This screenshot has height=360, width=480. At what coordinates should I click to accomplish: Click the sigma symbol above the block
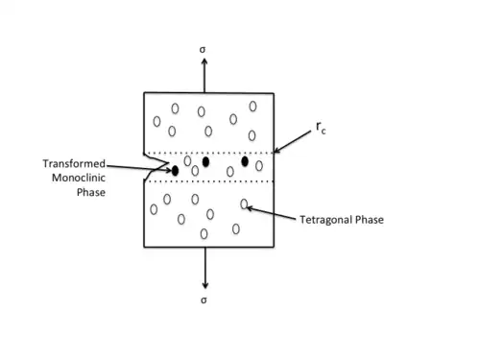tap(203, 50)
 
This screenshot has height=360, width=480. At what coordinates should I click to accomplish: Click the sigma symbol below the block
tap(204, 300)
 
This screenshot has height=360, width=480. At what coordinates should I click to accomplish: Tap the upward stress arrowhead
tap(204, 61)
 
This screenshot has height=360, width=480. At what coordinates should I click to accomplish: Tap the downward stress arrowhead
tap(205, 285)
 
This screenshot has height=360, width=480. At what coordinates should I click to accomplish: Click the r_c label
tap(321, 128)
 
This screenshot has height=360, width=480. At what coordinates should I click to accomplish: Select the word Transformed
tap(74, 164)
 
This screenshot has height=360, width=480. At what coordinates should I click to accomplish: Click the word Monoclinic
tap(79, 178)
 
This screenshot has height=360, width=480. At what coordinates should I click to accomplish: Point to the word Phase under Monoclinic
tap(91, 192)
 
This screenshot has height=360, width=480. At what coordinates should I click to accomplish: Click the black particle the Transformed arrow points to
tap(175, 171)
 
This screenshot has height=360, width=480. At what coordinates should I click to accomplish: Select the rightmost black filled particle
tap(245, 161)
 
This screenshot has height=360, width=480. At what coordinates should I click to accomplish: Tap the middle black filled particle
tap(205, 162)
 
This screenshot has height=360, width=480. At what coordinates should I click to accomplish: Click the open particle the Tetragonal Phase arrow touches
tap(244, 204)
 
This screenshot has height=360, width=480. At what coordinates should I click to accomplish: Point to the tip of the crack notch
tap(168, 163)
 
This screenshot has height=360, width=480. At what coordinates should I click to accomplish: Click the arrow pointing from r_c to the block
tap(293, 141)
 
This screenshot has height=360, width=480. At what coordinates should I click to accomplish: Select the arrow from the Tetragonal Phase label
tap(271, 213)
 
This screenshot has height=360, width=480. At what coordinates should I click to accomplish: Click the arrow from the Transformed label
tap(139, 168)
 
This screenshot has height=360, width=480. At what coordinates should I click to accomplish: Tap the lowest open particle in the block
tap(204, 234)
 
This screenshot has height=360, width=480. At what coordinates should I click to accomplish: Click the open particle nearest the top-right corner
tap(252, 107)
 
